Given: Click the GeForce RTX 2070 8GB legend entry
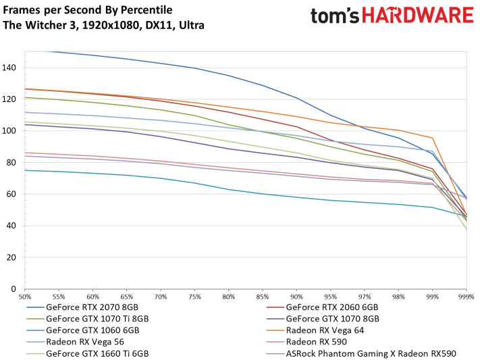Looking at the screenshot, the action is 82,307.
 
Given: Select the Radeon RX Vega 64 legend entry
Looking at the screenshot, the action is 315,330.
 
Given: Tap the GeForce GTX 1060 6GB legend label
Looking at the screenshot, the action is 92,330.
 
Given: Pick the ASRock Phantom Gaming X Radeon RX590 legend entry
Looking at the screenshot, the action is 361,353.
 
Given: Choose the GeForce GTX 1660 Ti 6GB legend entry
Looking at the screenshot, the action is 88,353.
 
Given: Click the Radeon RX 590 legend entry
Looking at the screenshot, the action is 306,342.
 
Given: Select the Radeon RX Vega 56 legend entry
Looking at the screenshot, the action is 76,342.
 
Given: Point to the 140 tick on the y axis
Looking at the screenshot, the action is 9,68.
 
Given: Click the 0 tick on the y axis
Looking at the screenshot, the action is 13,289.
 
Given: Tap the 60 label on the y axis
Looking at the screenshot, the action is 11,194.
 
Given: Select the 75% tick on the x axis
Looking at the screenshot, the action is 194,297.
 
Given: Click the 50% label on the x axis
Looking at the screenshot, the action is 25,297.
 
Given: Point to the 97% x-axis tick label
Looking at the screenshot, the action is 365,297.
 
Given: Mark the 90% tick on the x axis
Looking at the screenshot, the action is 296,297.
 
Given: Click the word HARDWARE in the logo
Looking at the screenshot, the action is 418,16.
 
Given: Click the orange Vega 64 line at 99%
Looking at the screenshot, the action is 433,138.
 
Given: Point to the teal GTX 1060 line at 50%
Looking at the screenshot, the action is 25,170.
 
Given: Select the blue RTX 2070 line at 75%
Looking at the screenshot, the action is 194,68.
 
